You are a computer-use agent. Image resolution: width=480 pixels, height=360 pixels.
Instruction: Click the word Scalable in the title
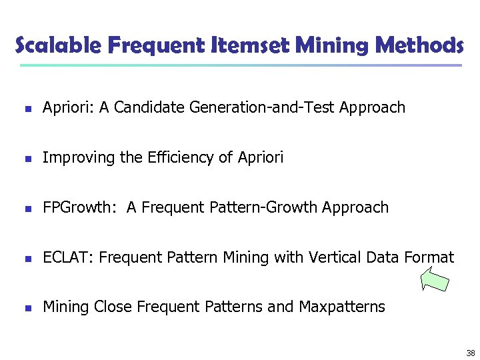(x=57, y=45)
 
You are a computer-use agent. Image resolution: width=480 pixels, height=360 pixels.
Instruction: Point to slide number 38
(x=471, y=353)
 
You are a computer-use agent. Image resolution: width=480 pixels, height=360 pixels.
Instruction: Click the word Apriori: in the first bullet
(x=69, y=108)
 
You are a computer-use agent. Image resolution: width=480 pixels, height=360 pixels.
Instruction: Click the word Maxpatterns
(x=341, y=307)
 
